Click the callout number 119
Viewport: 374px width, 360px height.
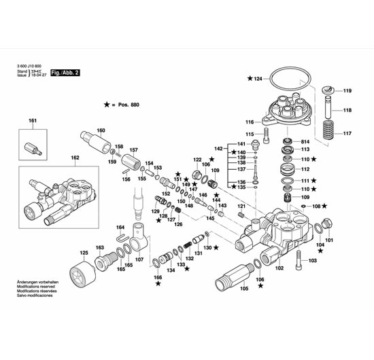coord(347,91)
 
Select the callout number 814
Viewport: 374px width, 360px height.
coord(305,140)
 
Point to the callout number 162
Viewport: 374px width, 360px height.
coord(75,158)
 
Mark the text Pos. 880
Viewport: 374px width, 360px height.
coord(129,105)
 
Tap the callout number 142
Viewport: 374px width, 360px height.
coord(219,148)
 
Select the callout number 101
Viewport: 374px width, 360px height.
coord(329,240)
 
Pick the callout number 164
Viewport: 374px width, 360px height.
coord(120,227)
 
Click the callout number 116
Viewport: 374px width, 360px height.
coord(250,122)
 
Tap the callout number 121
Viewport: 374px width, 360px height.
coord(241,205)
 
